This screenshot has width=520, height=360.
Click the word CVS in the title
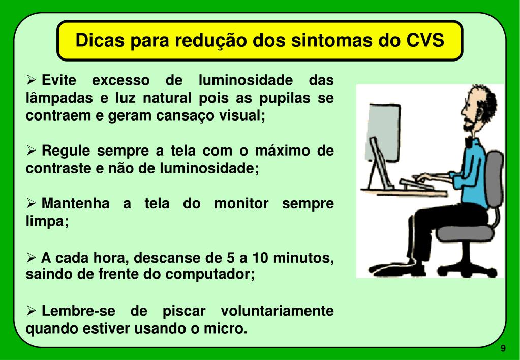pyautogui.click(x=426, y=40)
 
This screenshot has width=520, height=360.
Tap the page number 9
pyautogui.click(x=503, y=348)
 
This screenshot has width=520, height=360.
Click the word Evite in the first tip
pyautogui.click(x=58, y=81)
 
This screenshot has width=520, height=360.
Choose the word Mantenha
pyautogui.click(x=75, y=204)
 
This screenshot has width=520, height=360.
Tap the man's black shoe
pyautogui.click(x=386, y=267)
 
